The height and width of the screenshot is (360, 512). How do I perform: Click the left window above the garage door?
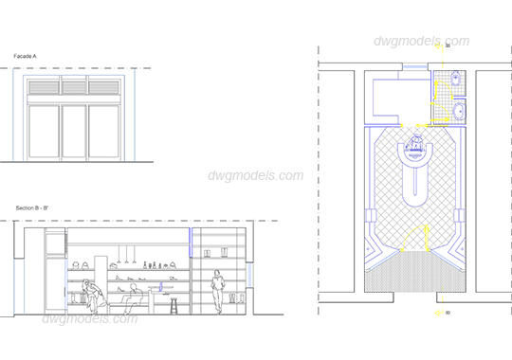pyautogui.click(x=44, y=87)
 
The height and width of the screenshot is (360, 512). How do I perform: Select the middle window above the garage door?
pyautogui.click(x=74, y=87)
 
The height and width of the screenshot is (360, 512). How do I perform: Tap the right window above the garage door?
pyautogui.click(x=104, y=87)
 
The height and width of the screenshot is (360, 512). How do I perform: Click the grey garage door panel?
pyautogui.click(x=74, y=128)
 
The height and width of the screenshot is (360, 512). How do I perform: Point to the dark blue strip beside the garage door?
pyautogui.click(x=128, y=117)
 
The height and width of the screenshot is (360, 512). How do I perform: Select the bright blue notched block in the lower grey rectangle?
pyautogui.click(x=194, y=241)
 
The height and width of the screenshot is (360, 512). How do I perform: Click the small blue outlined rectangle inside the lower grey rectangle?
pyautogui.click(x=174, y=287)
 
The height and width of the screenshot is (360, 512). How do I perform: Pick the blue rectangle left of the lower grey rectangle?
pyautogui.click(x=28, y=285)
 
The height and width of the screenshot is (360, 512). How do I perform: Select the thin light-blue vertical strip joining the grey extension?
pyautogui.click(x=249, y=275)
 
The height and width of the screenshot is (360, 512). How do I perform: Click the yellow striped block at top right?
pyautogui.click(x=476, y=56)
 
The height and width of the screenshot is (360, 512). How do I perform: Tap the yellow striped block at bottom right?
pyautogui.click(x=476, y=304)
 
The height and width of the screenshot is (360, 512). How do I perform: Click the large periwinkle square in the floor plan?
pyautogui.click(x=388, y=97)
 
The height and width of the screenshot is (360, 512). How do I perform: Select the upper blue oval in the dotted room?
pyautogui.click(x=456, y=79)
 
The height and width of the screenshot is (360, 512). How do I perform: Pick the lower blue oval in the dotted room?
pyautogui.click(x=460, y=111)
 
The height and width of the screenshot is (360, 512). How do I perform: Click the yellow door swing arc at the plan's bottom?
pyautogui.click(x=414, y=236)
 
